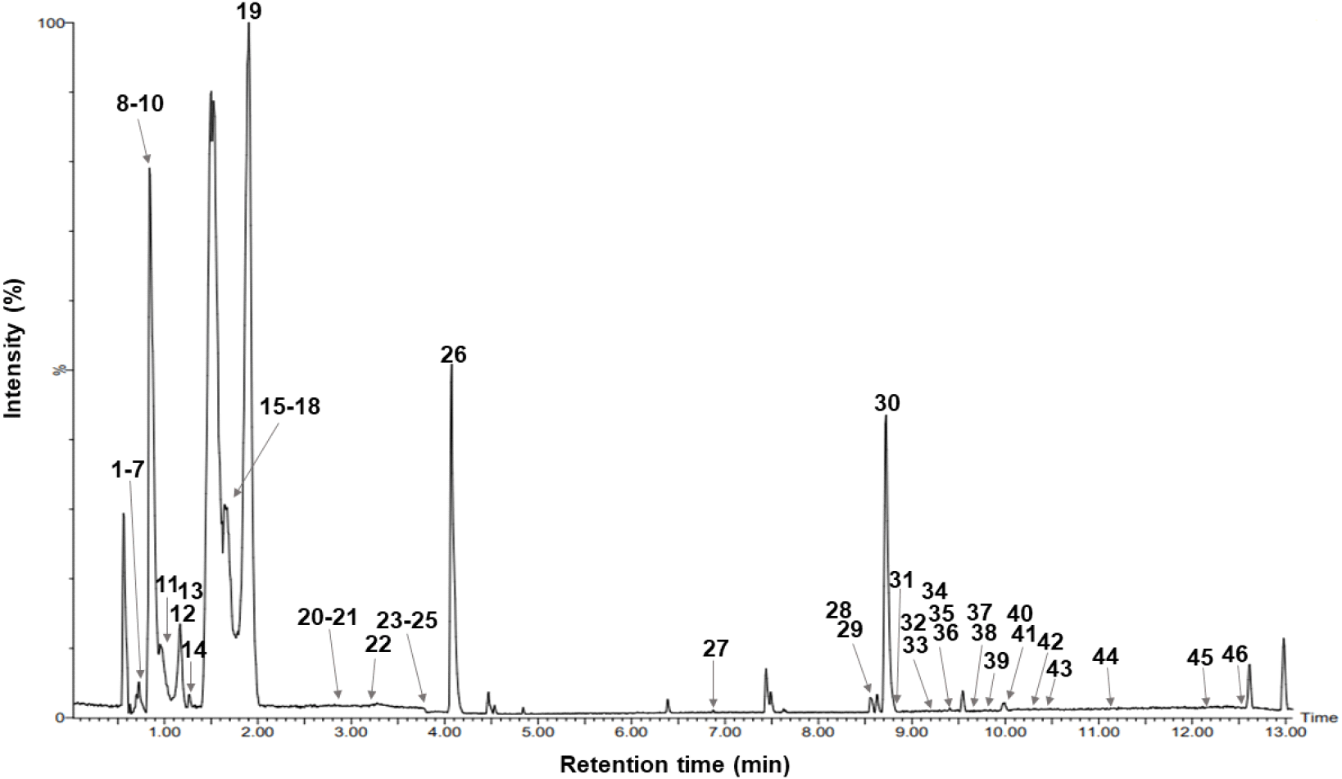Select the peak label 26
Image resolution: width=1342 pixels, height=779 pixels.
[453, 355]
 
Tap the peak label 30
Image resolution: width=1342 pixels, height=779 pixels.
[887, 403]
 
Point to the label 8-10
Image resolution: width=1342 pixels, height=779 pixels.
[140, 104]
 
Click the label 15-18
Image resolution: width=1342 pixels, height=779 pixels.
[290, 406]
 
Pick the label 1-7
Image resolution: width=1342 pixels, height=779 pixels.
[128, 469]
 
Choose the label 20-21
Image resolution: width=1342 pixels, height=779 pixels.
[328, 618]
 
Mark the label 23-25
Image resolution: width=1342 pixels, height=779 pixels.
[406, 619]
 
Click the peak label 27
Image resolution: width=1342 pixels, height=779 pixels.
[715, 649]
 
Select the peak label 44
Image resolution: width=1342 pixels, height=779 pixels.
[1105, 656]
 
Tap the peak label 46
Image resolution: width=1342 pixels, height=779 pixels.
[1235, 654]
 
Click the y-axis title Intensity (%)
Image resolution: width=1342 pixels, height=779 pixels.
[14, 348]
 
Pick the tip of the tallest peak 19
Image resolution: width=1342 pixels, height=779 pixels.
[248, 25]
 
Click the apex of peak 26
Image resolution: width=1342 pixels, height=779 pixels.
[451, 366]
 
